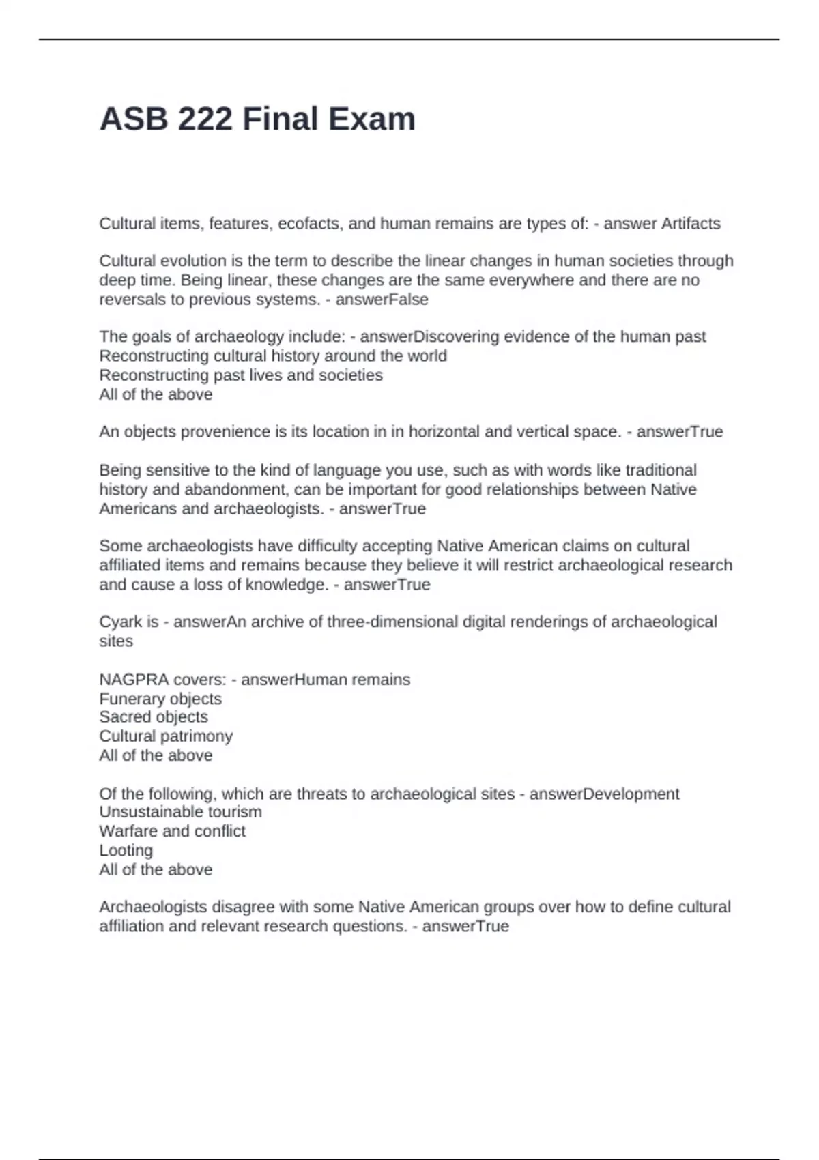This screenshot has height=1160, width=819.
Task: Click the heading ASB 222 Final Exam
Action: pyautogui.click(x=257, y=119)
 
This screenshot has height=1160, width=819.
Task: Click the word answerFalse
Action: pyautogui.click(x=382, y=300)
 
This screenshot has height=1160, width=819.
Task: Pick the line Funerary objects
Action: pyautogui.click(x=160, y=699)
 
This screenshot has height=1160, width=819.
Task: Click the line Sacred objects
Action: pyautogui.click(x=154, y=717)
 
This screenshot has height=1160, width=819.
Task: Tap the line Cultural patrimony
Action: pyautogui.click(x=166, y=736)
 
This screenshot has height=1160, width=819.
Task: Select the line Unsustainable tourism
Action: pyautogui.click(x=180, y=812)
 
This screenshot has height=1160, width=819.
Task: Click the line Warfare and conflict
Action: pyautogui.click(x=172, y=831)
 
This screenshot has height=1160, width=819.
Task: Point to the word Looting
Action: pyautogui.click(x=126, y=850)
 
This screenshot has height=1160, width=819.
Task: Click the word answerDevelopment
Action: pyautogui.click(x=604, y=794)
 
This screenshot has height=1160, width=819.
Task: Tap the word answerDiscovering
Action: pyautogui.click(x=430, y=337)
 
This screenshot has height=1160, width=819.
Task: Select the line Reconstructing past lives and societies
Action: pyautogui.click(x=241, y=375)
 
